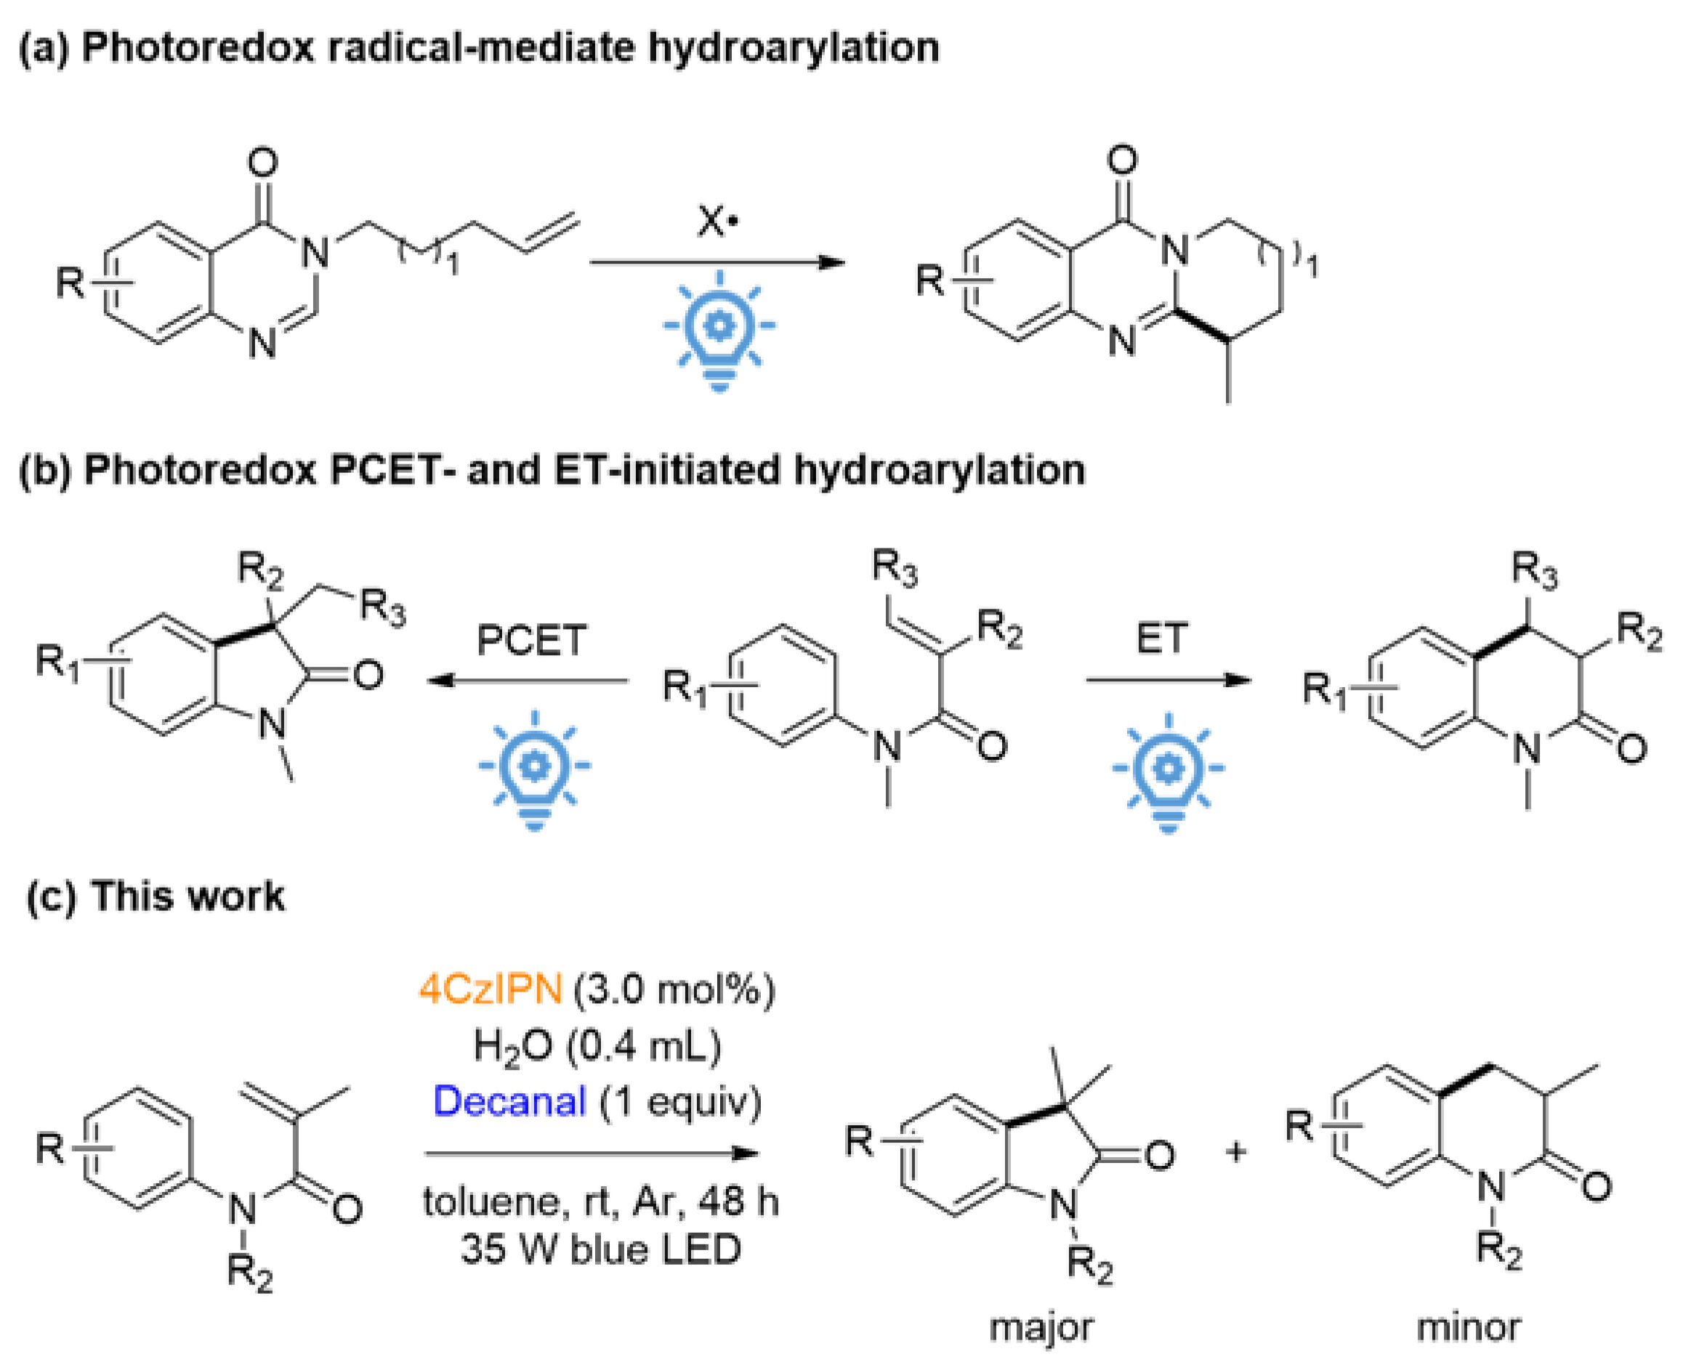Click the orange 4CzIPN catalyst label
point(490,989)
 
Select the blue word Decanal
point(509,1101)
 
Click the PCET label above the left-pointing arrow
point(531,639)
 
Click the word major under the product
point(1041,1327)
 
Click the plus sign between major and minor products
point(1235,1152)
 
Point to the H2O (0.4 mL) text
point(597,1047)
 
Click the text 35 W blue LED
point(601,1249)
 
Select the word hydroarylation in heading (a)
point(794,47)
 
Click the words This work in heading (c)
point(187,896)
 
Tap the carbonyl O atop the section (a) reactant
point(263,163)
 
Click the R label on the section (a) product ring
point(929,280)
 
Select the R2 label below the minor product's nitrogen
point(1498,1249)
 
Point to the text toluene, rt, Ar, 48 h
point(601,1202)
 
